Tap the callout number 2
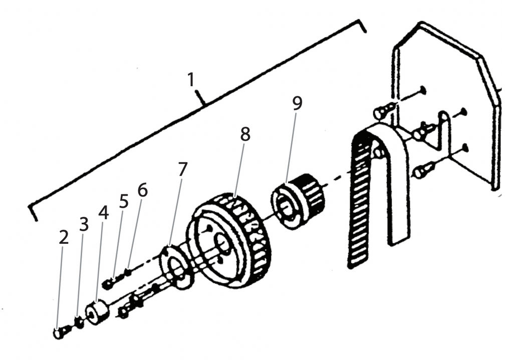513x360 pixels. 63,238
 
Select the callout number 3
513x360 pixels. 84,225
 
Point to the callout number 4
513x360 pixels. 103,212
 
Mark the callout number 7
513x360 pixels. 182,169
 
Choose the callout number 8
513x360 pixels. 245,134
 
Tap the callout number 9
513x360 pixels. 297,104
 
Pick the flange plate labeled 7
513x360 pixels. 175,266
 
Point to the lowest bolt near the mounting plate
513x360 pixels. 422,171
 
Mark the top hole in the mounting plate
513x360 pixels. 423,90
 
